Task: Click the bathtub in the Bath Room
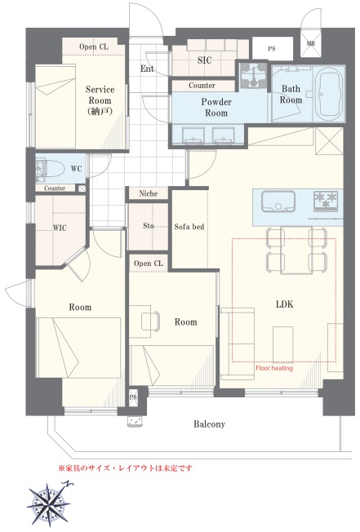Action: [x=328, y=93]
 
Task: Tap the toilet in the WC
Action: [x=51, y=169]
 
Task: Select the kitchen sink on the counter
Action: [x=278, y=202]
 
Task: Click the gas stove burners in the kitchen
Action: [x=326, y=199]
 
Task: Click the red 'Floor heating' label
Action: [x=274, y=368]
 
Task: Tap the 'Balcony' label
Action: [x=209, y=423]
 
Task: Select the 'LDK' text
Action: [x=284, y=304]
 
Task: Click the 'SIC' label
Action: [x=204, y=60]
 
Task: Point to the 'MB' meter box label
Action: [x=310, y=43]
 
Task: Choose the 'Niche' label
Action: [x=149, y=193]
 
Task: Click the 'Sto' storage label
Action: [x=149, y=226]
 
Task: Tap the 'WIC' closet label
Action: [x=60, y=228]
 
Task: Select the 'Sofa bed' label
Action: [x=189, y=226]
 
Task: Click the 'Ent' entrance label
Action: [x=147, y=69]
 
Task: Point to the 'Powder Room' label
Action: [x=216, y=107]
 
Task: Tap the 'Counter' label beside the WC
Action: [x=55, y=188]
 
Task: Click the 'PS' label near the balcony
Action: [x=133, y=397]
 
